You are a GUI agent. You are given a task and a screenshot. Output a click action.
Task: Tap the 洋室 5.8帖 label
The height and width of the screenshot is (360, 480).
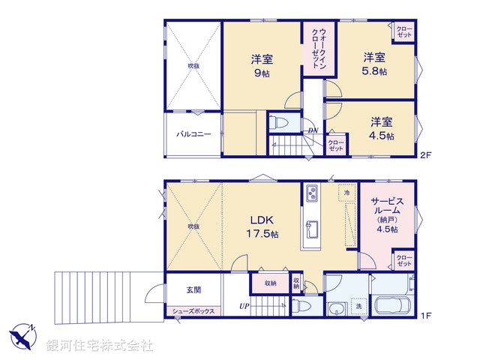click(375, 64)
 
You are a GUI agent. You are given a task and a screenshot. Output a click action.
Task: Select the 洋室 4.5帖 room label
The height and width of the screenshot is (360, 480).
click(381, 127)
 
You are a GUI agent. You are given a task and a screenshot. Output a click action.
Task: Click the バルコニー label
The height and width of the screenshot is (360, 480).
click(193, 135)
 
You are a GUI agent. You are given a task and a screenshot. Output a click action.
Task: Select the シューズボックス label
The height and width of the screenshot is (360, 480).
click(193, 310)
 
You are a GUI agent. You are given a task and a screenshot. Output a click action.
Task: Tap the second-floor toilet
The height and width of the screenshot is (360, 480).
click(279, 121)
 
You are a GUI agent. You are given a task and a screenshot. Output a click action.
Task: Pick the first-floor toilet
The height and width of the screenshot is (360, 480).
click(302, 307)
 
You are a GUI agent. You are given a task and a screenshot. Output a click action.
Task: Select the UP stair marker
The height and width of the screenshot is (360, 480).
click(244, 307)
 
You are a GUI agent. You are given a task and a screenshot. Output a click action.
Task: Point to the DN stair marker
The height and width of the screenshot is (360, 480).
click(313, 131)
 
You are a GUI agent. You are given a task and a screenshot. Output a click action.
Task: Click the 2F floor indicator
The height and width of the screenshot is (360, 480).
click(425, 156)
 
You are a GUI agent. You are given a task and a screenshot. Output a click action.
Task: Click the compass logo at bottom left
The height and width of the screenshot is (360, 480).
click(22, 335)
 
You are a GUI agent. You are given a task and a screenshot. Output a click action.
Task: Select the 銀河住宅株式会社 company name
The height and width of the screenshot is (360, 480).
click(100, 346)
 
